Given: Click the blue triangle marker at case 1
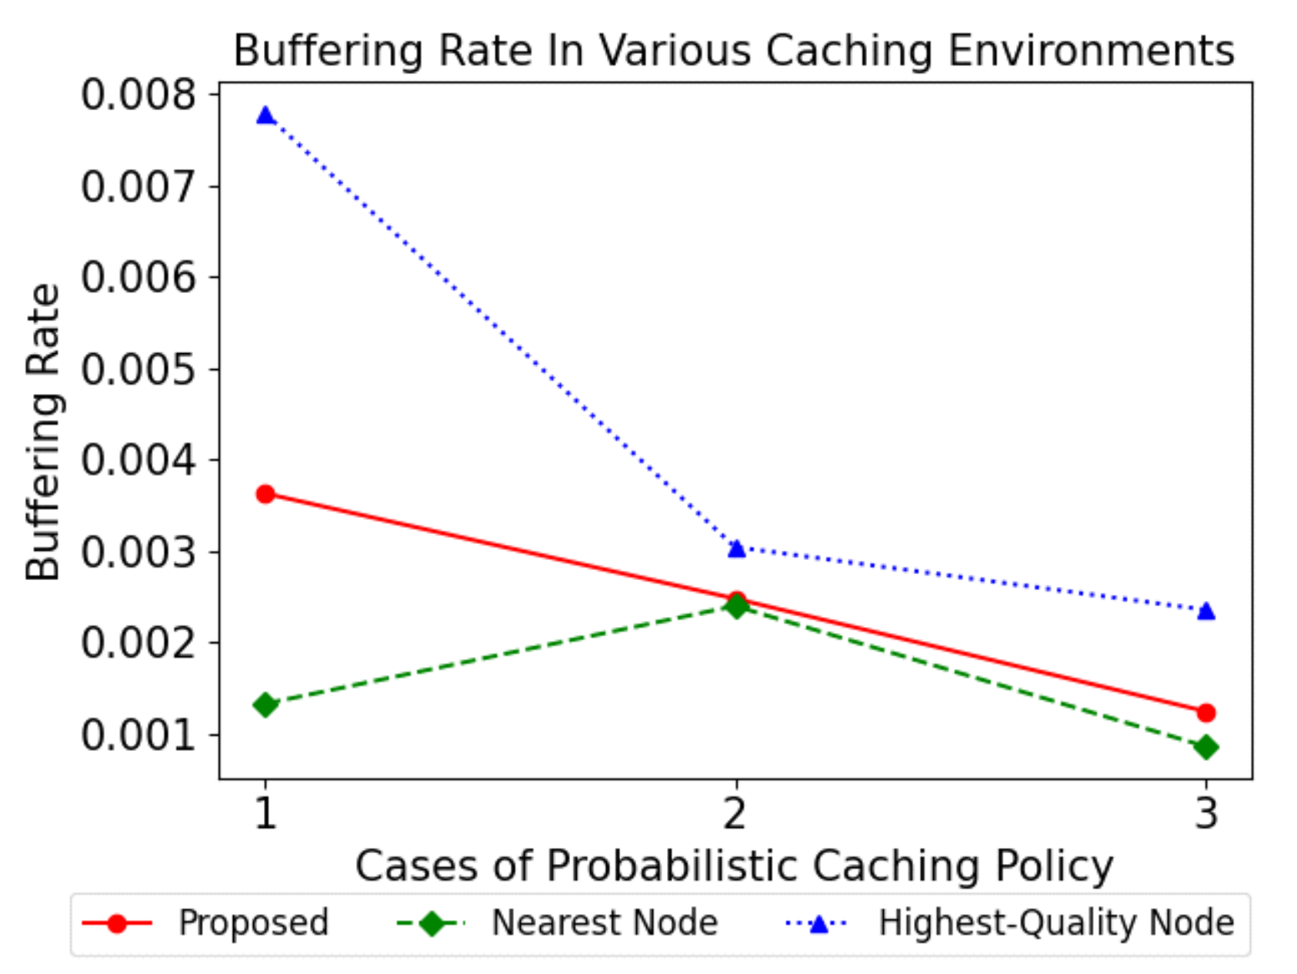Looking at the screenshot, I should (265, 116).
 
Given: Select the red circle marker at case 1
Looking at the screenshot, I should (265, 494).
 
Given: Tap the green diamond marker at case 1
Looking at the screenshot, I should (265, 705).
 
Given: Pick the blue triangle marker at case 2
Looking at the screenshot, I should (736, 549).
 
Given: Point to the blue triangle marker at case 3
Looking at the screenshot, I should (1206, 612).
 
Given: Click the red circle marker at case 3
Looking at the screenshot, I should (1206, 713).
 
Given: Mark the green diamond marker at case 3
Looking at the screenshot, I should (1206, 747).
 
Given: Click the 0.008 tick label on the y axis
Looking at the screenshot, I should (138, 95).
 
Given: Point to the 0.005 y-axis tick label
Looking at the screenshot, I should (138, 369).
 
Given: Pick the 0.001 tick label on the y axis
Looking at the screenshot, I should (138, 735).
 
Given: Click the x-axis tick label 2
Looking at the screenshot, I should (735, 813).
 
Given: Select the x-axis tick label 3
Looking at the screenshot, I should (1206, 813).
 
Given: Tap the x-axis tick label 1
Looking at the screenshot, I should (265, 813).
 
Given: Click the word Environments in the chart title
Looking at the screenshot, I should (1091, 52).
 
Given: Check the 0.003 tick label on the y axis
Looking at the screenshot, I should (138, 552).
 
